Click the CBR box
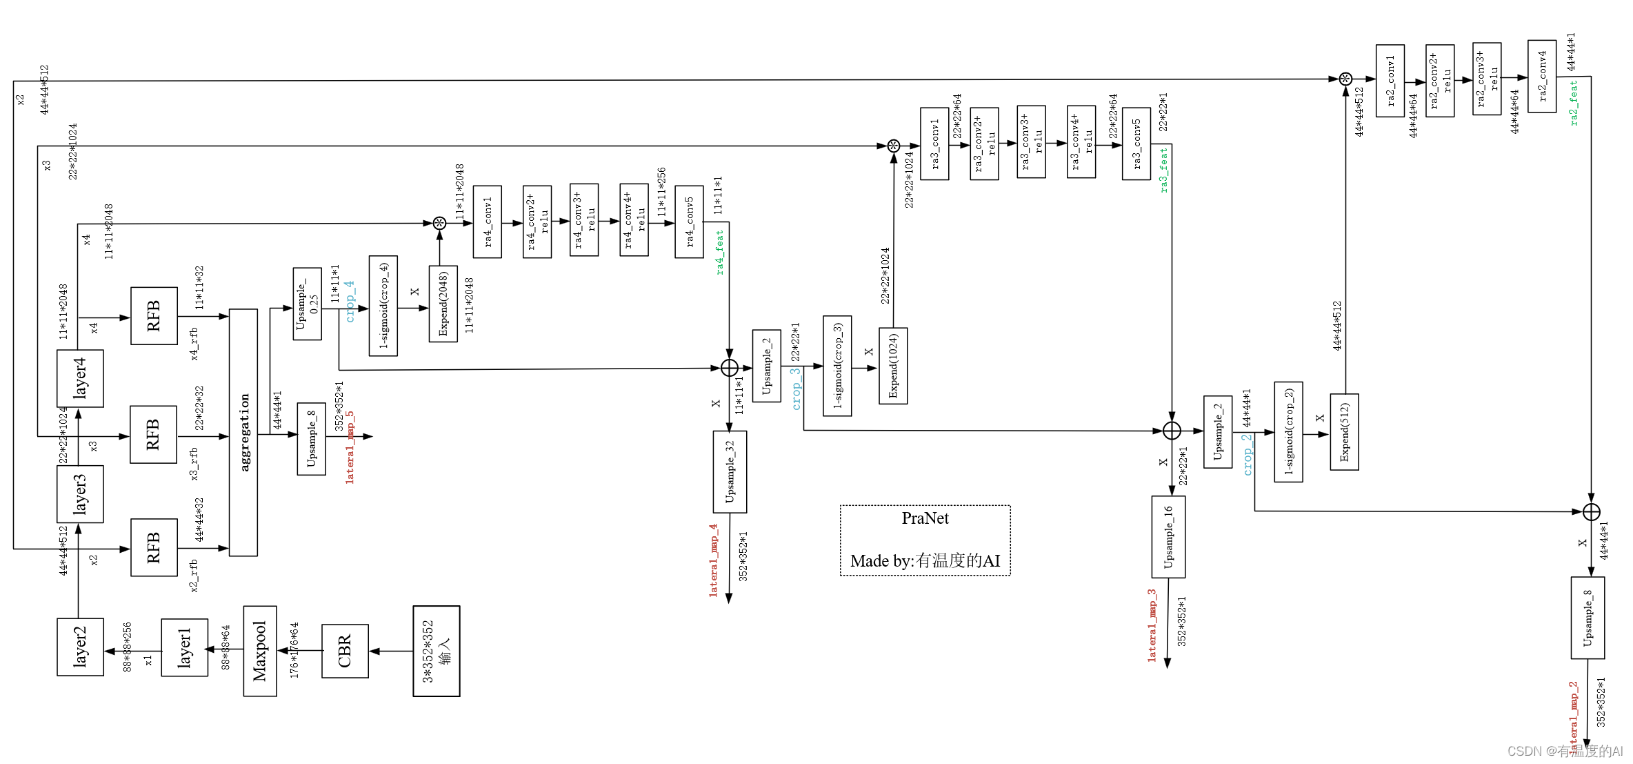click(x=345, y=651)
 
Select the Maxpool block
click(x=260, y=651)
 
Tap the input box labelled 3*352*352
click(x=437, y=651)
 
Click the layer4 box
click(x=80, y=378)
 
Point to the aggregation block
click(x=243, y=432)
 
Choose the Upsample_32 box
click(x=730, y=472)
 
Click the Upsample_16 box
click(x=1168, y=537)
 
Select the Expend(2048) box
click(x=443, y=304)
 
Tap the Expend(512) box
click(x=1344, y=432)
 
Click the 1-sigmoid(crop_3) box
click(x=837, y=366)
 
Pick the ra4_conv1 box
click(x=488, y=222)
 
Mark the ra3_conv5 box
click(x=1136, y=144)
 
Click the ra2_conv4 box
click(x=1542, y=76)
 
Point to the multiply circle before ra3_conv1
click(x=894, y=146)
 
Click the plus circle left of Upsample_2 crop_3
click(x=730, y=368)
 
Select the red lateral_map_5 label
click(x=350, y=447)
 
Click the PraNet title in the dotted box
click(x=925, y=518)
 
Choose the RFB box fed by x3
click(x=153, y=434)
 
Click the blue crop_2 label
click(x=1247, y=454)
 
